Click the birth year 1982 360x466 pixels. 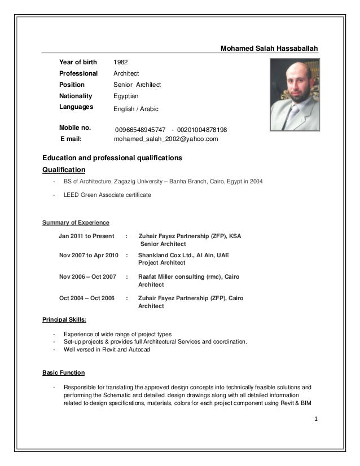121,62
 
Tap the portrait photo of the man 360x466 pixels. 294,94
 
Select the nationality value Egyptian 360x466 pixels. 126,96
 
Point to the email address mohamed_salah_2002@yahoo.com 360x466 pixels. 166,139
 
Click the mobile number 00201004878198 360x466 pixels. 202,130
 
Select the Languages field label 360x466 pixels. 76,106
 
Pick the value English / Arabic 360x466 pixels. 136,108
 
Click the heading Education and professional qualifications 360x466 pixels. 112,157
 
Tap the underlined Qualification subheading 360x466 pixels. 64,169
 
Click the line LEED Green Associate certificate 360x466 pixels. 107,195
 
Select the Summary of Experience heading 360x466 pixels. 76,223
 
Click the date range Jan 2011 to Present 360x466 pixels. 86,236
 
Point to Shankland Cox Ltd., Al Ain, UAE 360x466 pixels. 183,255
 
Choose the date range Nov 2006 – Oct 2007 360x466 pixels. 87,277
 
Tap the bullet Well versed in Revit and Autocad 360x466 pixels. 107,349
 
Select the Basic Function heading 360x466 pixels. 64,373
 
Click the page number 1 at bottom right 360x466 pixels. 317,419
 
